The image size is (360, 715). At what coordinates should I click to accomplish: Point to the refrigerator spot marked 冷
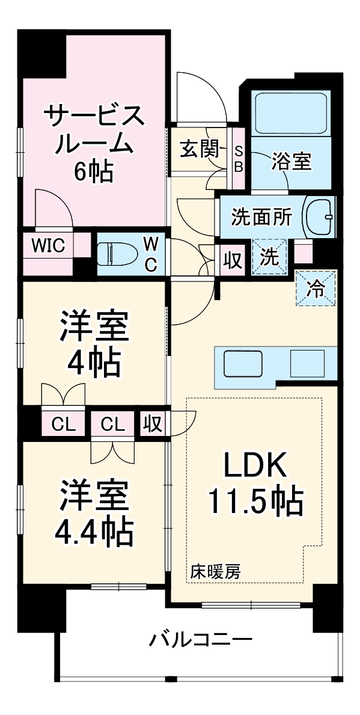(x=314, y=289)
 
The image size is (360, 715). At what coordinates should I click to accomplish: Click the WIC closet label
(x=48, y=246)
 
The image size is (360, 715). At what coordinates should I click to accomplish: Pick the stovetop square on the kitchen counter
(x=307, y=363)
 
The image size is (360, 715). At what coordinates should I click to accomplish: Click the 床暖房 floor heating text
(x=216, y=571)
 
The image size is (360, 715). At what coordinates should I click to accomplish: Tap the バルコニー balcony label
(x=200, y=639)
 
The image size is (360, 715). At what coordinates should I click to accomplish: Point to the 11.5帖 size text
(x=255, y=500)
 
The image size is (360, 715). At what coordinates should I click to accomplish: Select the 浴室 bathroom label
(x=291, y=161)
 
